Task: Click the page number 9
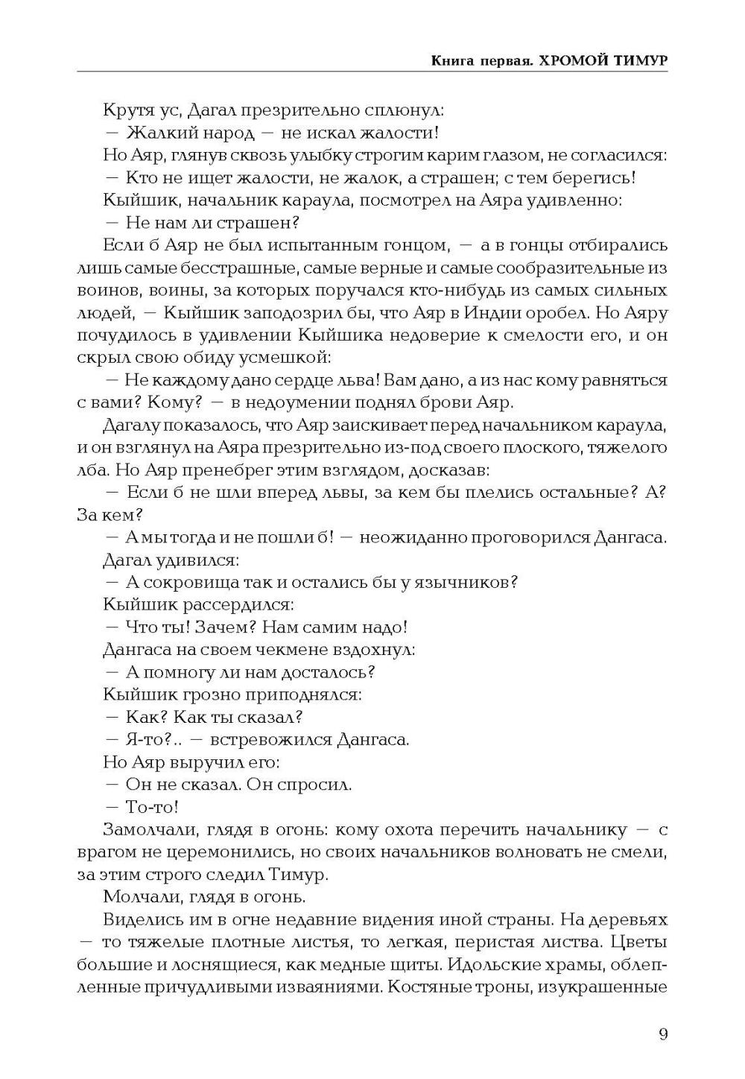tap(663, 1033)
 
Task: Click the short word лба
tap(92, 471)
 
